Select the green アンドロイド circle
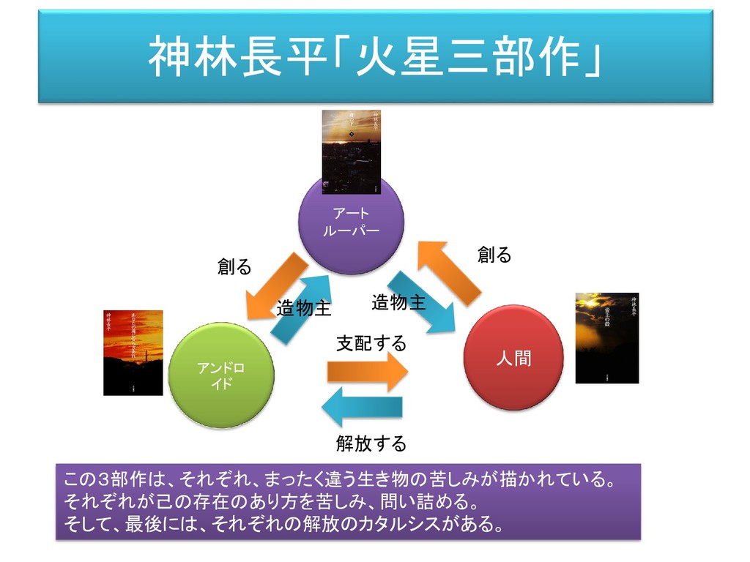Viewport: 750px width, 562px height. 221,375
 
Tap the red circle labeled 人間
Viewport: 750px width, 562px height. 513,359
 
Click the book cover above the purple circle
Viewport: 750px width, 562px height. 352,152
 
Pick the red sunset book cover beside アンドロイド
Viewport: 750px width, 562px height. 133,352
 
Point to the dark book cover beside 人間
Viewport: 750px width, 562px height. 606,337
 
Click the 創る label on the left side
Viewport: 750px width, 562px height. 234,267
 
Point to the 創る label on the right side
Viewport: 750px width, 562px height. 494,255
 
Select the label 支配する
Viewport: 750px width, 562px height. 371,343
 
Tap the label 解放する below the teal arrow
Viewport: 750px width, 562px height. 371,443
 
